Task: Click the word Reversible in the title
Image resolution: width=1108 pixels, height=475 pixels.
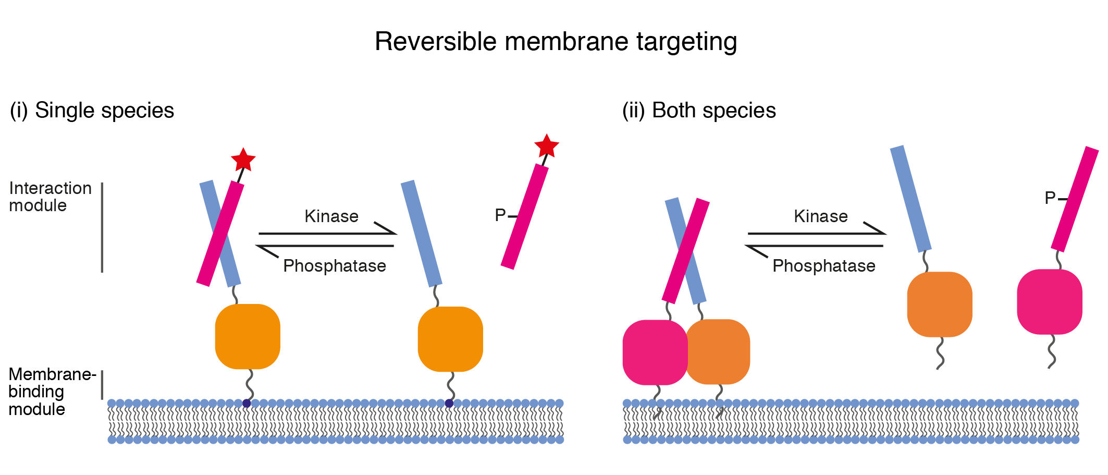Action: [436, 42]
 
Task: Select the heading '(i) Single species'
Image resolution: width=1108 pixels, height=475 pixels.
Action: [92, 111]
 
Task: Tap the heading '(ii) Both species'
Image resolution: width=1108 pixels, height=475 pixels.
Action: [699, 111]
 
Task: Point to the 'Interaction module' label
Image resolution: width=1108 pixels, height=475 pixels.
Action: [50, 197]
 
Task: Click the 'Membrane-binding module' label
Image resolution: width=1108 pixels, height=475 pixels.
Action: [51, 392]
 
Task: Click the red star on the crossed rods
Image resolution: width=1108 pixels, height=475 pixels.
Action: [243, 160]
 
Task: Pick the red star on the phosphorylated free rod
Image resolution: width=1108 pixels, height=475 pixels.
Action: [546, 146]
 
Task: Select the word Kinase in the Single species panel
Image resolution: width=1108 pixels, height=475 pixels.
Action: [331, 216]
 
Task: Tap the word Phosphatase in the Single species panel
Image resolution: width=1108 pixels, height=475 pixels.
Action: [334, 266]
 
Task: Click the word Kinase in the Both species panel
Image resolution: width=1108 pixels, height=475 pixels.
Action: [820, 216]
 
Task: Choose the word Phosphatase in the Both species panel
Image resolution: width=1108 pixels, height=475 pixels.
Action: [823, 266]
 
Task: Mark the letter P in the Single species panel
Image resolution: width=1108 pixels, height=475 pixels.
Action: [500, 215]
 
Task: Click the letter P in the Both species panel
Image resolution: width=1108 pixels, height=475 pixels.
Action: [1050, 198]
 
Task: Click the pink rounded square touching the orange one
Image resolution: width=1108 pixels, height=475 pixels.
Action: [655, 352]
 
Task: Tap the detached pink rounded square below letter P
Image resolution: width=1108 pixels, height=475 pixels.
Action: [1050, 302]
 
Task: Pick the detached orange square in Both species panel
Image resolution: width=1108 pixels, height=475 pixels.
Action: [940, 305]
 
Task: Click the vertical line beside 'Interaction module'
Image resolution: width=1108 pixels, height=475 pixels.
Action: [102, 227]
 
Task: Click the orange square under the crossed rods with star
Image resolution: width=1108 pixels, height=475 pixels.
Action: [248, 337]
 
